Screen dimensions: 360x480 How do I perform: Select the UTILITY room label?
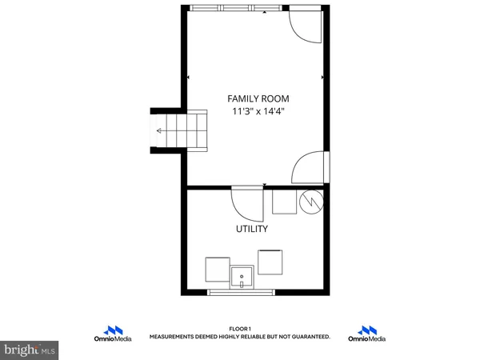click(251, 229)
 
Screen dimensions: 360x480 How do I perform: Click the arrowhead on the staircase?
click(160, 130)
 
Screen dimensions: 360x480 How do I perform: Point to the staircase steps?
click(181, 130)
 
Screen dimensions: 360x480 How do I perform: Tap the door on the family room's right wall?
click(310, 168)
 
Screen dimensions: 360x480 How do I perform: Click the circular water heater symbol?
click(310, 203)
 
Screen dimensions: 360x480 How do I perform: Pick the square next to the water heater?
click(283, 202)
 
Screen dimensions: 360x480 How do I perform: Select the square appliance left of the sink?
click(217, 269)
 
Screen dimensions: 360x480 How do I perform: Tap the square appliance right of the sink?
click(270, 262)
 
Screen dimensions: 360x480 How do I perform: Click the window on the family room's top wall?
click(236, 9)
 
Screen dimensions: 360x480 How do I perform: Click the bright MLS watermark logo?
click(29, 349)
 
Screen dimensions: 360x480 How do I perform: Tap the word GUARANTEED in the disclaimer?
click(307, 338)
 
